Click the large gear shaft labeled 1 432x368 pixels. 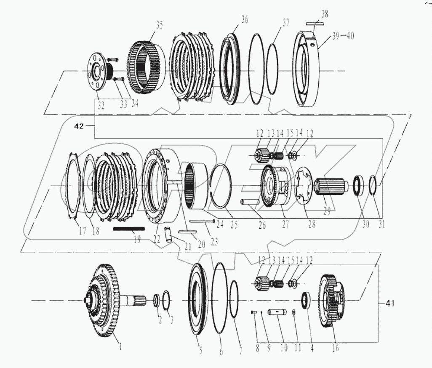click(x=103, y=300)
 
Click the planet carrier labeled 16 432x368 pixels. click(x=333, y=301)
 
